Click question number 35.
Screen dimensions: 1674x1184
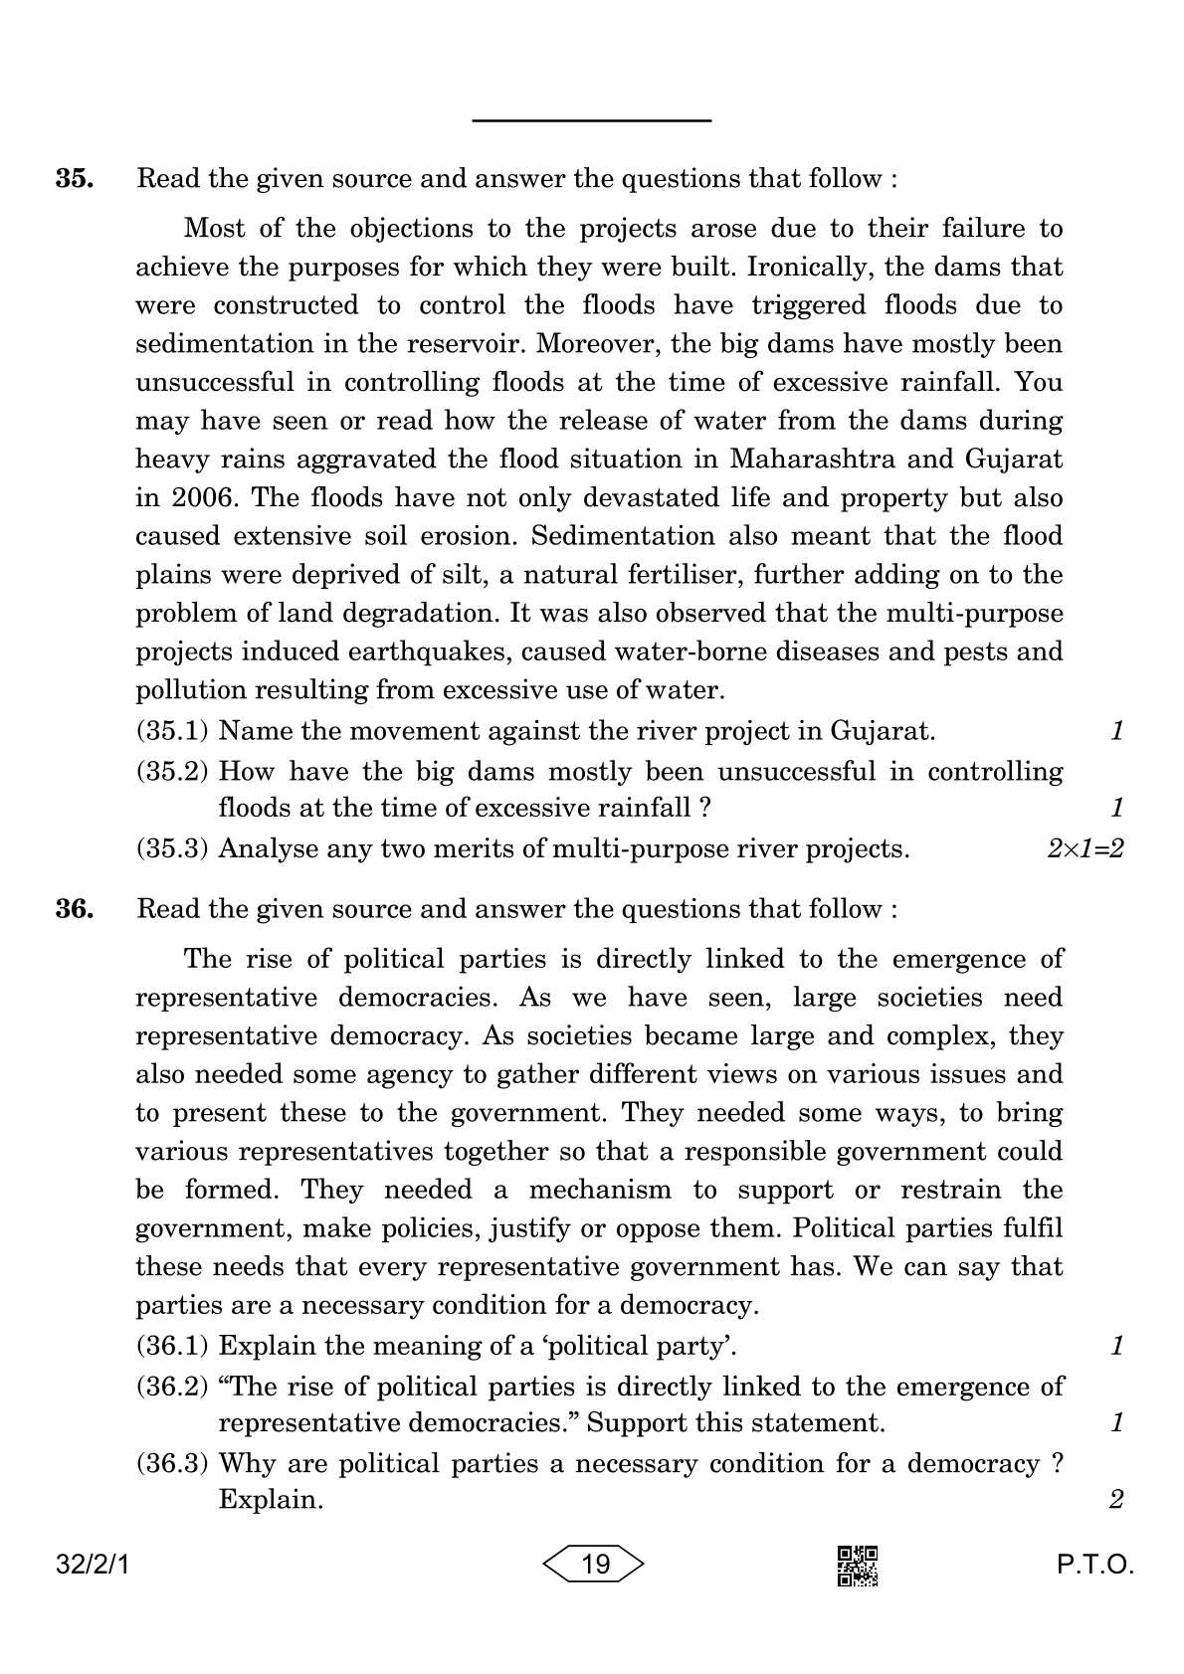(x=75, y=179)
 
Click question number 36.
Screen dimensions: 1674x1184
(x=75, y=909)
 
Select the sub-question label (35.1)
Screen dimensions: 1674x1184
(x=172, y=731)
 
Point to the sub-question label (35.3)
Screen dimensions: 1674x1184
(x=172, y=848)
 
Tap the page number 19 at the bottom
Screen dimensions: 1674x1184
(x=594, y=1565)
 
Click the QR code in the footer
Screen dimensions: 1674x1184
(x=858, y=1566)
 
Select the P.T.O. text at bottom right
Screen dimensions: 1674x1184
(x=1094, y=1565)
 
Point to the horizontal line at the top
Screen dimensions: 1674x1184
(x=591, y=121)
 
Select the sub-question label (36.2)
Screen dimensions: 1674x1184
(x=172, y=1386)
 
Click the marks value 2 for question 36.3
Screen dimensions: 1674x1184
(x=1115, y=1499)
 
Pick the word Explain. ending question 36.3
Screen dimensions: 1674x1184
(x=271, y=1499)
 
